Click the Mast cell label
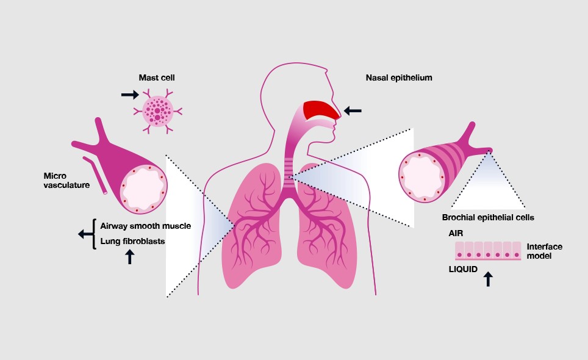pos(157,77)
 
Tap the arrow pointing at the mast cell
pos(130,95)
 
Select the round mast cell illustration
pos(158,111)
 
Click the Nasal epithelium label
pos(399,77)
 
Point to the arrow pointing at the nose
pos(353,110)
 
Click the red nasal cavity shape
pos(321,110)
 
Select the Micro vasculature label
pos(66,181)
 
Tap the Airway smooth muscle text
pos(146,226)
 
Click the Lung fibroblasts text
pos(132,241)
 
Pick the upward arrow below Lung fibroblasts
pos(130,257)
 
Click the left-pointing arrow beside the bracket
pos(85,234)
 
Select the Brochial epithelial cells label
pos(488,217)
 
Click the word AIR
pos(456,233)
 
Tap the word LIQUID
pos(463,269)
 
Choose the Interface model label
pos(545,251)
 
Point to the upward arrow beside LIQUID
pos(488,279)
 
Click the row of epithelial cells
pos(488,251)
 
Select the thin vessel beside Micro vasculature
pos(95,175)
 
